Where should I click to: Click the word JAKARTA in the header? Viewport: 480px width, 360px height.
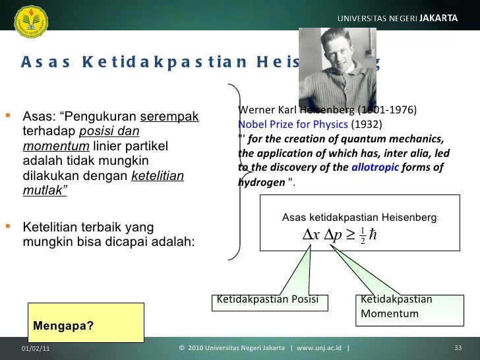click(x=436, y=18)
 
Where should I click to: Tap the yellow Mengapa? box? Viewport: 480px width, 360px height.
click(x=86, y=322)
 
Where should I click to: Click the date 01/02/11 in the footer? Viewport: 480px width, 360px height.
click(x=35, y=348)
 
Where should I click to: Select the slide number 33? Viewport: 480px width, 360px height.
click(x=459, y=348)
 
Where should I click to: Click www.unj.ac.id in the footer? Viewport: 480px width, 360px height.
click(x=319, y=348)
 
